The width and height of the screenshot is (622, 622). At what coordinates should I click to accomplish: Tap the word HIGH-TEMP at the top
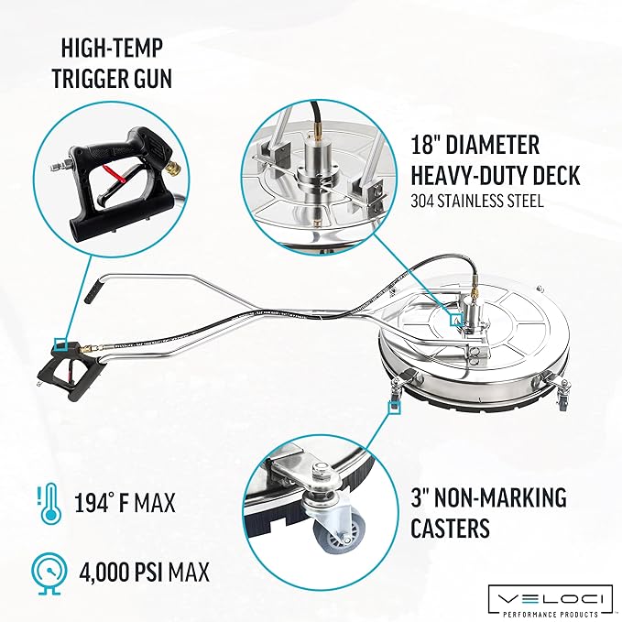112,48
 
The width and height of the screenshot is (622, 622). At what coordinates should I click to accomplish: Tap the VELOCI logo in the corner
551,601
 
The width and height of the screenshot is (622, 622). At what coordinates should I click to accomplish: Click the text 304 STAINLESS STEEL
477,202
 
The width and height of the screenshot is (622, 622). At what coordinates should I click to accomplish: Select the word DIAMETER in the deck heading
493,145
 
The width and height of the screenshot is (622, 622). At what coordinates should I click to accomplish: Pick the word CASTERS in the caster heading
450,528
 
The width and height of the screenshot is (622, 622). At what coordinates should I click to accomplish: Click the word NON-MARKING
500,497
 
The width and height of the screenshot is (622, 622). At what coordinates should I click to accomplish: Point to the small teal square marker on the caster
394,408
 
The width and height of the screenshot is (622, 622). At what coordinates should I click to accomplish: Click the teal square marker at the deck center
456,320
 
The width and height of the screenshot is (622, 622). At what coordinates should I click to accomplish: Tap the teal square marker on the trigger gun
60,344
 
